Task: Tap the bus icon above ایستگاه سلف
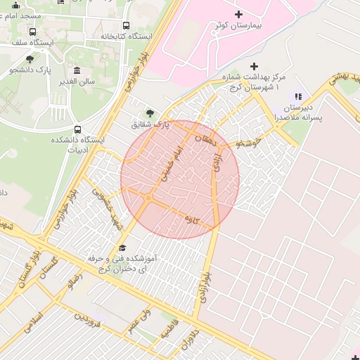pyautogui.click(x=33, y=32)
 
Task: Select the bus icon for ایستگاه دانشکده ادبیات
pyautogui.click(x=77, y=129)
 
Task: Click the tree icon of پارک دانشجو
pyautogui.click(x=30, y=59)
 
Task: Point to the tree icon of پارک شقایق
pyautogui.click(x=149, y=112)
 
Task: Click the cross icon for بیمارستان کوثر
pyautogui.click(x=238, y=13)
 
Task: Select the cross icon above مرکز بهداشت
pyautogui.click(x=255, y=66)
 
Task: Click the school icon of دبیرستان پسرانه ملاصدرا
pyautogui.click(x=298, y=96)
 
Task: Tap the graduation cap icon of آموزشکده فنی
pyautogui.click(x=123, y=247)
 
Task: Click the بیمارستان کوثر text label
pyautogui.click(x=238, y=25)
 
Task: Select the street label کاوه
pyautogui.click(x=191, y=219)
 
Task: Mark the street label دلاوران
pyautogui.click(x=191, y=342)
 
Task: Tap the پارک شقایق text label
pyautogui.click(x=150, y=124)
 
